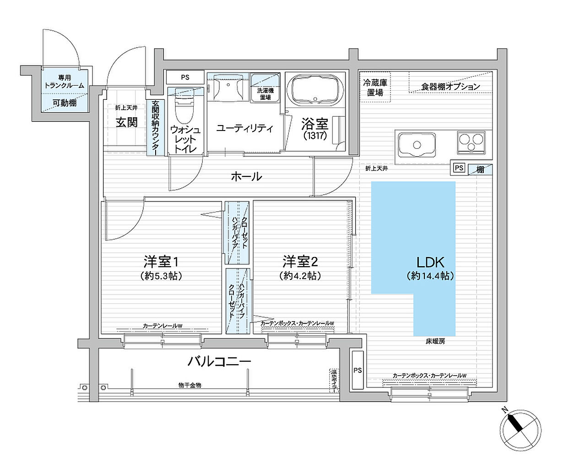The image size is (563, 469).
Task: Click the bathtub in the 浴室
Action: pos(316,90)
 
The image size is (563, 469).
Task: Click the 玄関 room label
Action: pos(126,122)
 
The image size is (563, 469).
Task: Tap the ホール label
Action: pos(246,176)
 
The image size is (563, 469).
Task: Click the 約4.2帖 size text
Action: pos(300,276)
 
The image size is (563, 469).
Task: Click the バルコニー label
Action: pos(220,361)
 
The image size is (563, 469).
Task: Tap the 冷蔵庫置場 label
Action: pos(375,87)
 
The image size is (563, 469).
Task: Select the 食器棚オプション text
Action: pos(450,86)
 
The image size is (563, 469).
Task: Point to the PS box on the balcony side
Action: pos(357,370)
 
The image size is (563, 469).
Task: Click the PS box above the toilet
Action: pos(185,77)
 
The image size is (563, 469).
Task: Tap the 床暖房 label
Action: pos(435,341)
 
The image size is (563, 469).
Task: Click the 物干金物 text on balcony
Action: pos(189,385)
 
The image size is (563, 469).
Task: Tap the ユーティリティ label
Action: pos(244,128)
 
